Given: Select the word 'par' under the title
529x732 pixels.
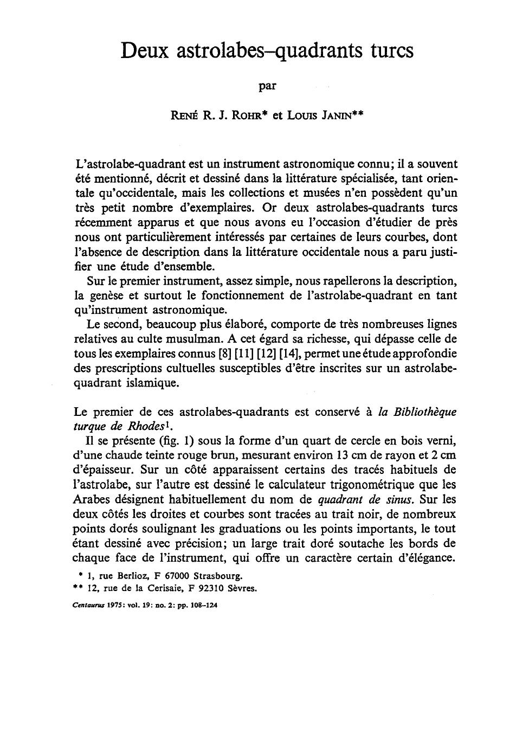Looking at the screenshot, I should click(267, 85).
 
